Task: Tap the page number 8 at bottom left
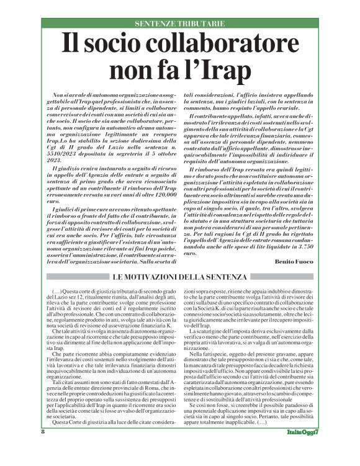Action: [43, 449]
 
